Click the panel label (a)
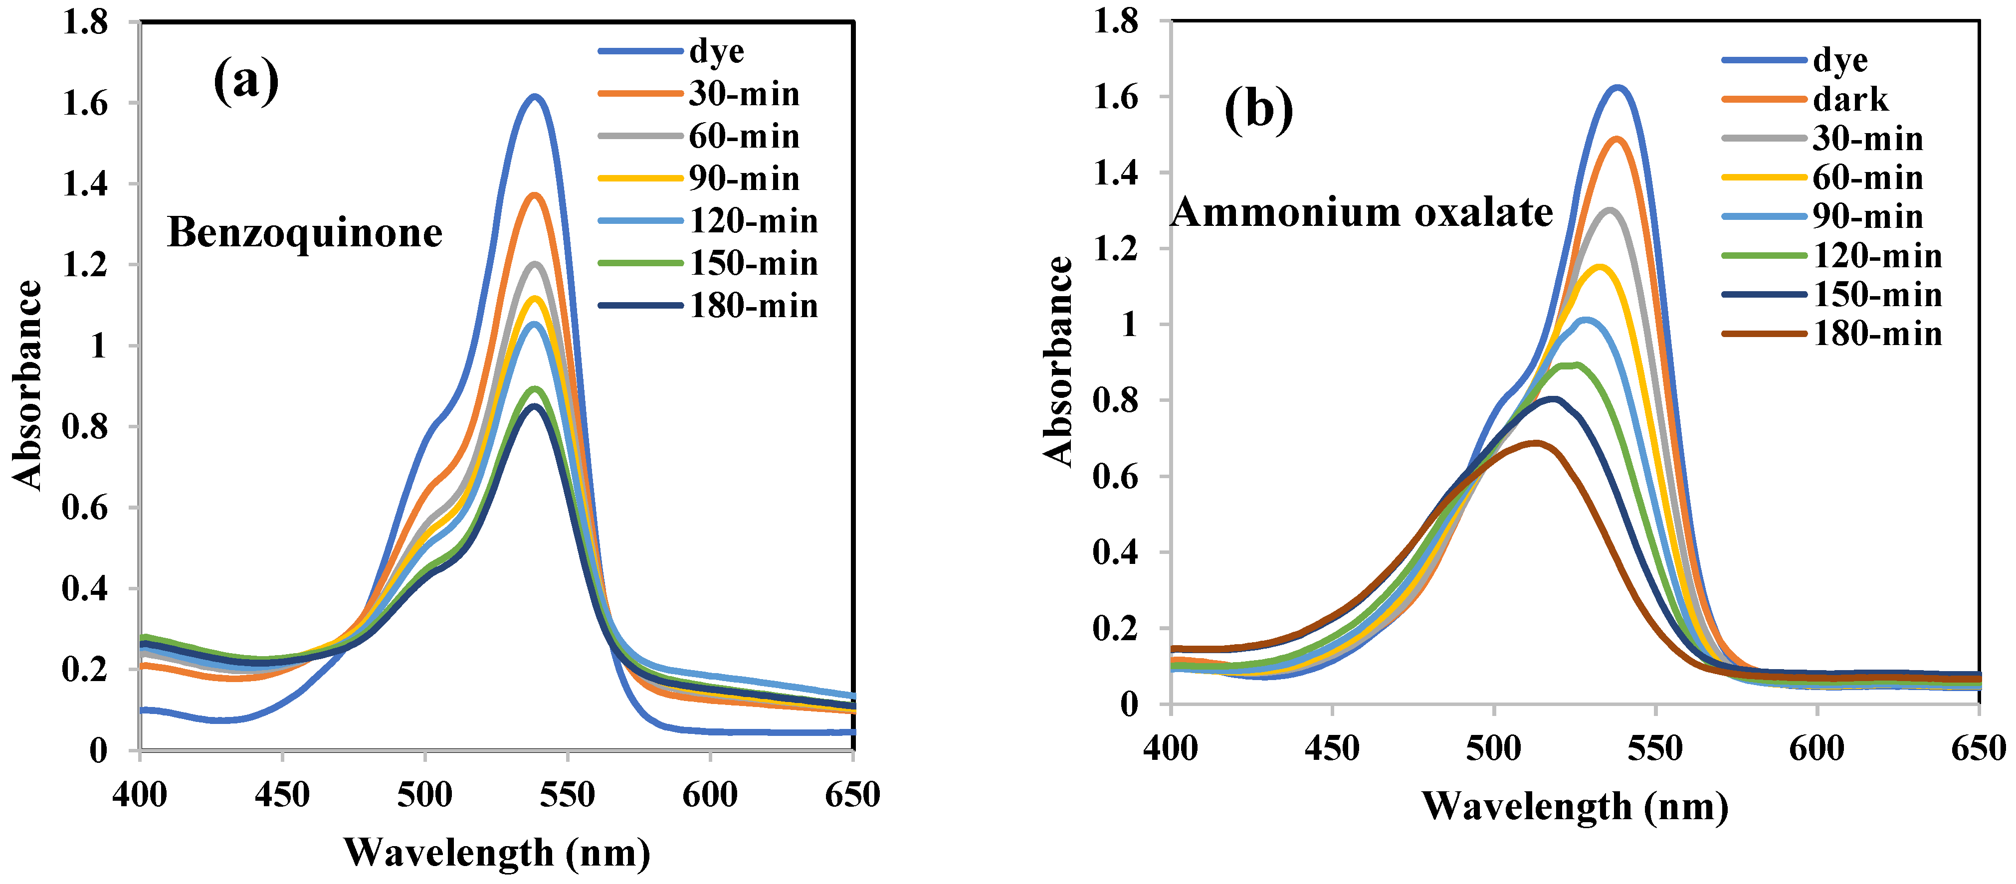tap(246, 81)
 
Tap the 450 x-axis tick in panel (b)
tap(1332, 749)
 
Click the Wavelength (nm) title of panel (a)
tap(497, 853)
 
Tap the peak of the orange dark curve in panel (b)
tap(1617, 139)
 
